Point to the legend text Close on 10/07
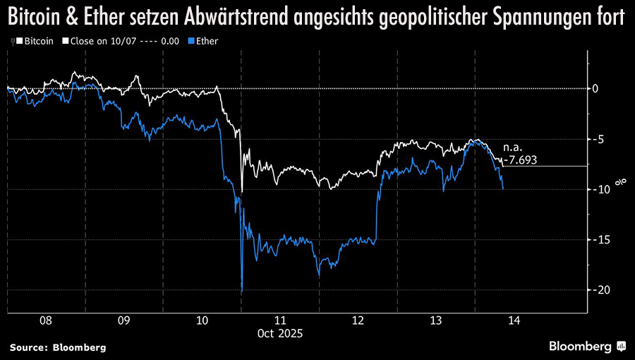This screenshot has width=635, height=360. click(102, 41)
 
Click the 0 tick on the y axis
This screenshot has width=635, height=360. click(595, 88)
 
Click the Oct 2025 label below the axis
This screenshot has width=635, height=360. click(279, 333)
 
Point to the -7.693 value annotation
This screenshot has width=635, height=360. click(521, 160)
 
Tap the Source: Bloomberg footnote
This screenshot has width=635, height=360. click(58, 347)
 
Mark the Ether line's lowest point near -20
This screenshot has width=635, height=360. click(241, 291)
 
